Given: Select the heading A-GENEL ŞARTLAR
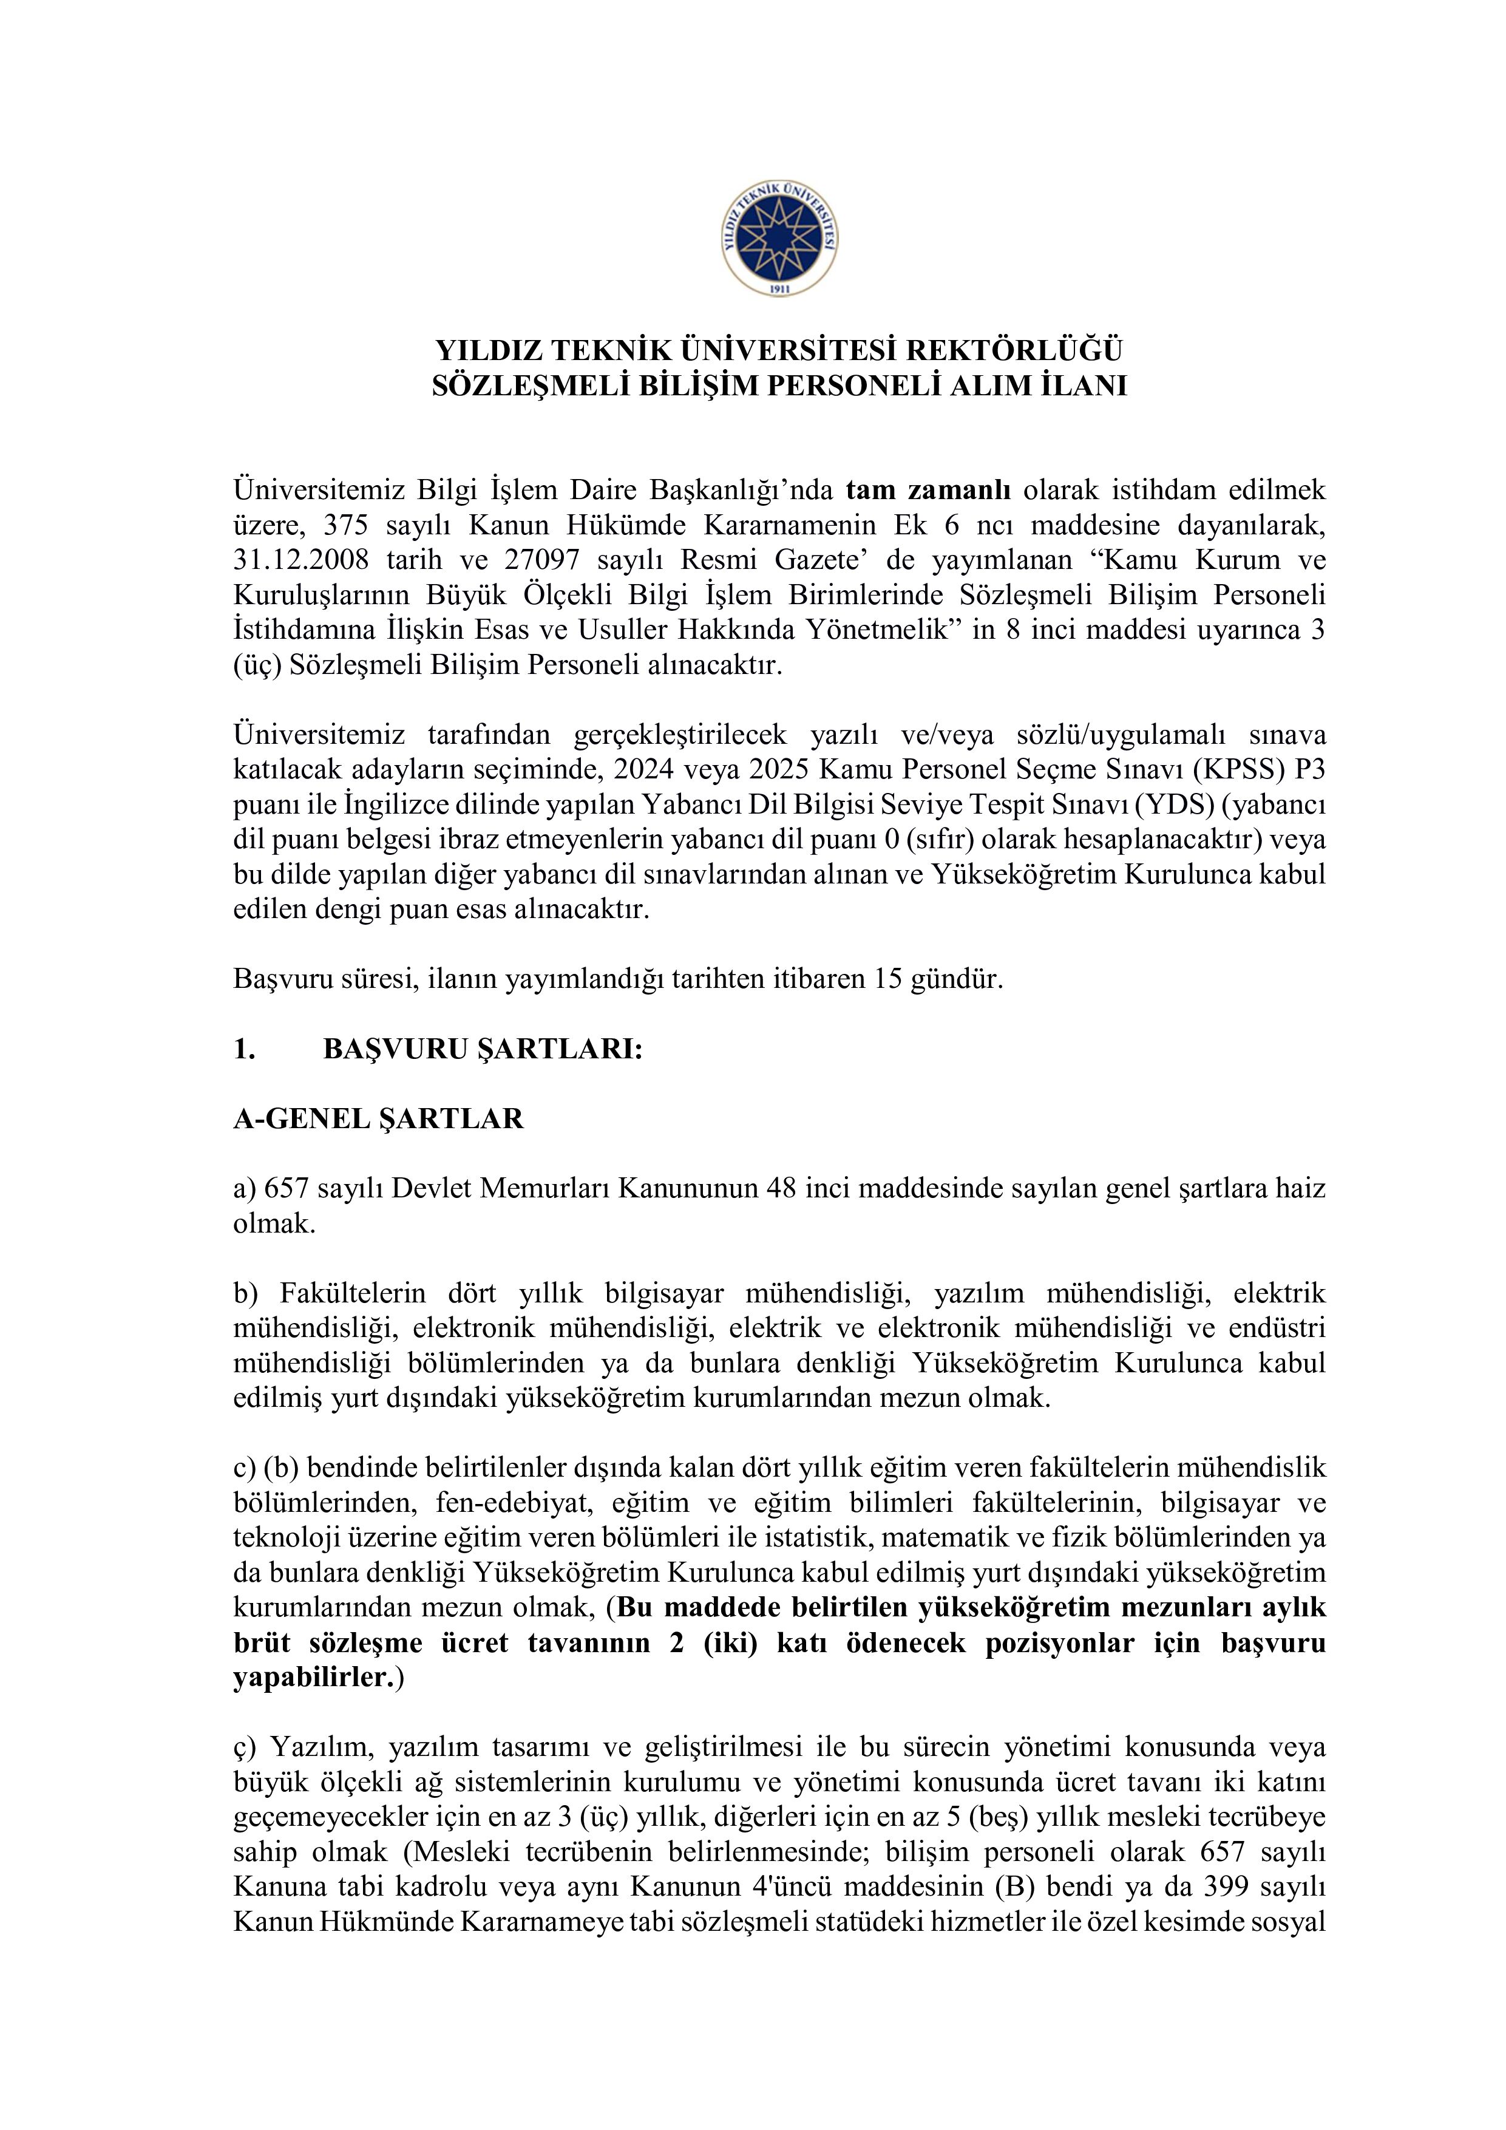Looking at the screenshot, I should [x=378, y=1119].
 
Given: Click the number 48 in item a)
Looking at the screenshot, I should [x=782, y=1188].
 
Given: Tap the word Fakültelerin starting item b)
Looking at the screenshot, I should [x=353, y=1293].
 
